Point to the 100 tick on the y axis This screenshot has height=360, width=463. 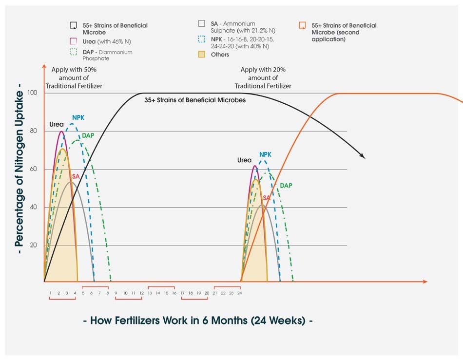pos(33,93)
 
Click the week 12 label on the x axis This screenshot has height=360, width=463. pos(141,293)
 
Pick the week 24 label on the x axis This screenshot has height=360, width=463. pos(239,293)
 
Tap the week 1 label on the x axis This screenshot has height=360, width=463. pos(51,293)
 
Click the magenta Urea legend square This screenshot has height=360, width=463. pos(73,41)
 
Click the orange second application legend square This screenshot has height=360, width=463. pos(302,26)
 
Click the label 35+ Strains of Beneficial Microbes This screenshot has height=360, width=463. pos(194,100)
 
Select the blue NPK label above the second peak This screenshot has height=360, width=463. pos(265,154)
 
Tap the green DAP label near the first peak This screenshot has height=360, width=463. pos(88,135)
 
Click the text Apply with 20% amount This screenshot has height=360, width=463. pos(263,78)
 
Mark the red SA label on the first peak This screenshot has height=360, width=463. pos(76,176)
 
